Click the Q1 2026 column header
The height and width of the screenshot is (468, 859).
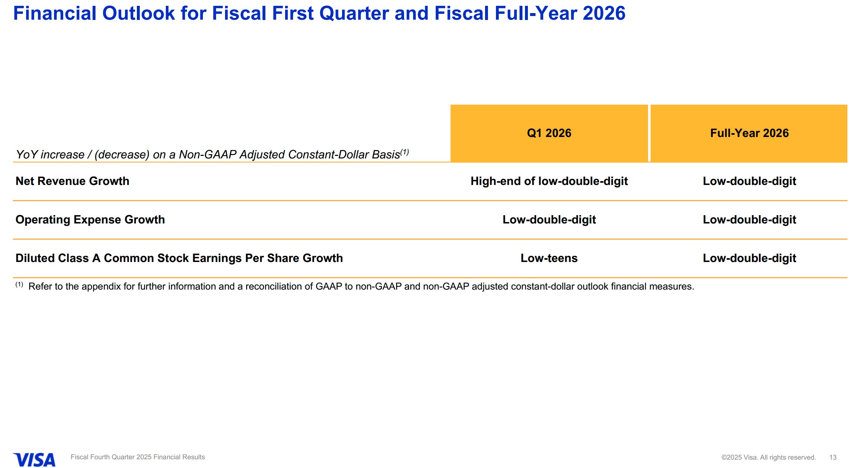click(x=549, y=133)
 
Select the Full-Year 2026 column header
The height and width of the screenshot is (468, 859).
click(x=749, y=133)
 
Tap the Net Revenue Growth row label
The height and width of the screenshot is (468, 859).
click(x=72, y=181)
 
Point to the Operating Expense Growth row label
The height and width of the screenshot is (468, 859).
click(x=90, y=219)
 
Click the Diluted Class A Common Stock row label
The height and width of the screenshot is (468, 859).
click(x=179, y=258)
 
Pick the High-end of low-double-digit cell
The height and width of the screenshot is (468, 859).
click(x=549, y=181)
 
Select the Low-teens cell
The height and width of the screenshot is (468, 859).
click(x=549, y=258)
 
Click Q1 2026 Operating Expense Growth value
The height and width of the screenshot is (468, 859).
click(x=549, y=219)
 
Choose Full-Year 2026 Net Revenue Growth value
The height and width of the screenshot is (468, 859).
click(x=749, y=181)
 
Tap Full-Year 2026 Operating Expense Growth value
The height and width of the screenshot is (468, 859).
click(x=749, y=219)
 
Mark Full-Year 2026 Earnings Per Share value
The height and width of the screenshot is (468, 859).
click(x=749, y=258)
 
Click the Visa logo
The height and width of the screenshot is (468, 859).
click(x=34, y=459)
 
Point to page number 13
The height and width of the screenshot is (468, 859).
click(x=833, y=457)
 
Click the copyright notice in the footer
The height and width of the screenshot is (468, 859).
click(x=768, y=457)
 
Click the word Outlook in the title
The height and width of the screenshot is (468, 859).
click(x=139, y=13)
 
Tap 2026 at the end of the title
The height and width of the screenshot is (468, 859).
click(x=604, y=13)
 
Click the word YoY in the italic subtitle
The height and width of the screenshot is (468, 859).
click(x=27, y=154)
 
